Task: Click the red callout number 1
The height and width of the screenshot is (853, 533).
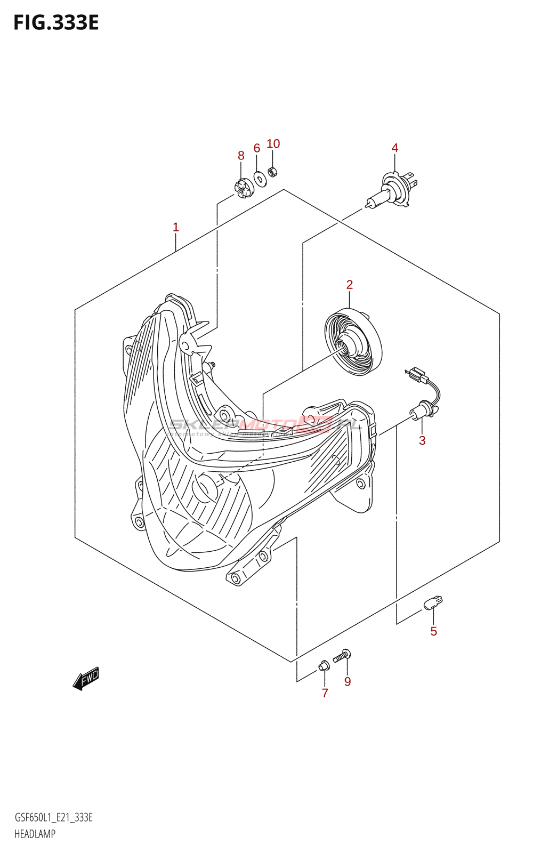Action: pos(176,228)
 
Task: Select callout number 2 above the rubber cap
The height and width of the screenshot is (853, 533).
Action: pos(350,285)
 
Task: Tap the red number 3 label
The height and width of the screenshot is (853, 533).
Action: pos(422,440)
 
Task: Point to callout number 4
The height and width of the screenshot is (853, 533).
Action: pos(395,148)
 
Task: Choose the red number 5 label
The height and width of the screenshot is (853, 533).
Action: pos(434,631)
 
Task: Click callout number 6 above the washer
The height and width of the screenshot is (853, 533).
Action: pos(257,148)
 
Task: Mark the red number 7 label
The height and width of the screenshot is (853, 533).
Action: pos(325,693)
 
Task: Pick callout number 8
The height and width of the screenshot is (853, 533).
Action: pos(241,156)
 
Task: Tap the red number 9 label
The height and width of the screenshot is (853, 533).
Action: pos(348,681)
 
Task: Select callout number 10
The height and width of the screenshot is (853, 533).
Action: pos(273,144)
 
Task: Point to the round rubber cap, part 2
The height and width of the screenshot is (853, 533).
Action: pos(353,342)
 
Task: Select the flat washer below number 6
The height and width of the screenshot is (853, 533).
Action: pos(260,179)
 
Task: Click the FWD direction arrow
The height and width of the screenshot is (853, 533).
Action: pos(86,678)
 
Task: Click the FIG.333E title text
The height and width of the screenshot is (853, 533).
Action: pos(56,23)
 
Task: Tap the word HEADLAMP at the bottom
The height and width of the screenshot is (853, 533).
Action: pos(35,834)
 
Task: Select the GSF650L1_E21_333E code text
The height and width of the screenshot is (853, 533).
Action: pos(53,818)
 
